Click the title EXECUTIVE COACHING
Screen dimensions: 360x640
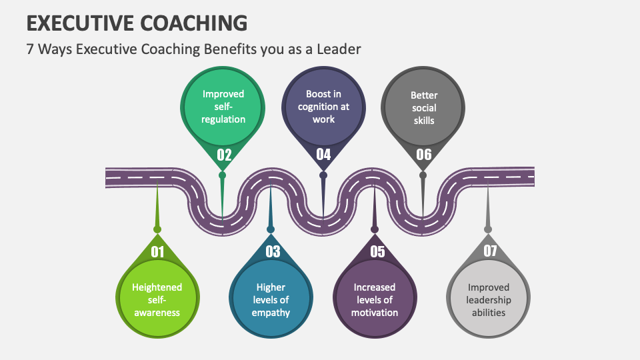pyautogui.click(x=137, y=23)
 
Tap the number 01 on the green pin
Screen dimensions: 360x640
pyautogui.click(x=157, y=252)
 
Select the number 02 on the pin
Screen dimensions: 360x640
pyautogui.click(x=224, y=155)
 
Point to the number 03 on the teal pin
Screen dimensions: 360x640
pyautogui.click(x=273, y=252)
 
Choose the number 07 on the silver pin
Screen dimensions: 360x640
pyautogui.click(x=490, y=252)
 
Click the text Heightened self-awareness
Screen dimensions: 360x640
pyautogui.click(x=157, y=300)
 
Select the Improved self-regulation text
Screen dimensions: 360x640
pyautogui.click(x=223, y=107)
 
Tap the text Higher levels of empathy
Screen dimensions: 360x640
pyautogui.click(x=271, y=300)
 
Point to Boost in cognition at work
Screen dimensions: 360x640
pyautogui.click(x=323, y=107)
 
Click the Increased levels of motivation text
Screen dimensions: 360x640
pyautogui.click(x=375, y=300)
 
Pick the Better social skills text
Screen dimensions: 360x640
pyautogui.click(x=423, y=107)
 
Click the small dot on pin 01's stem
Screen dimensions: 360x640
pyautogui.click(x=157, y=229)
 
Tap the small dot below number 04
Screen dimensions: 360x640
pyautogui.click(x=323, y=175)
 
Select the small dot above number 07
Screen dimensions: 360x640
pyautogui.click(x=488, y=229)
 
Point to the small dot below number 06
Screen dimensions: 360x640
pyautogui.click(x=423, y=175)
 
